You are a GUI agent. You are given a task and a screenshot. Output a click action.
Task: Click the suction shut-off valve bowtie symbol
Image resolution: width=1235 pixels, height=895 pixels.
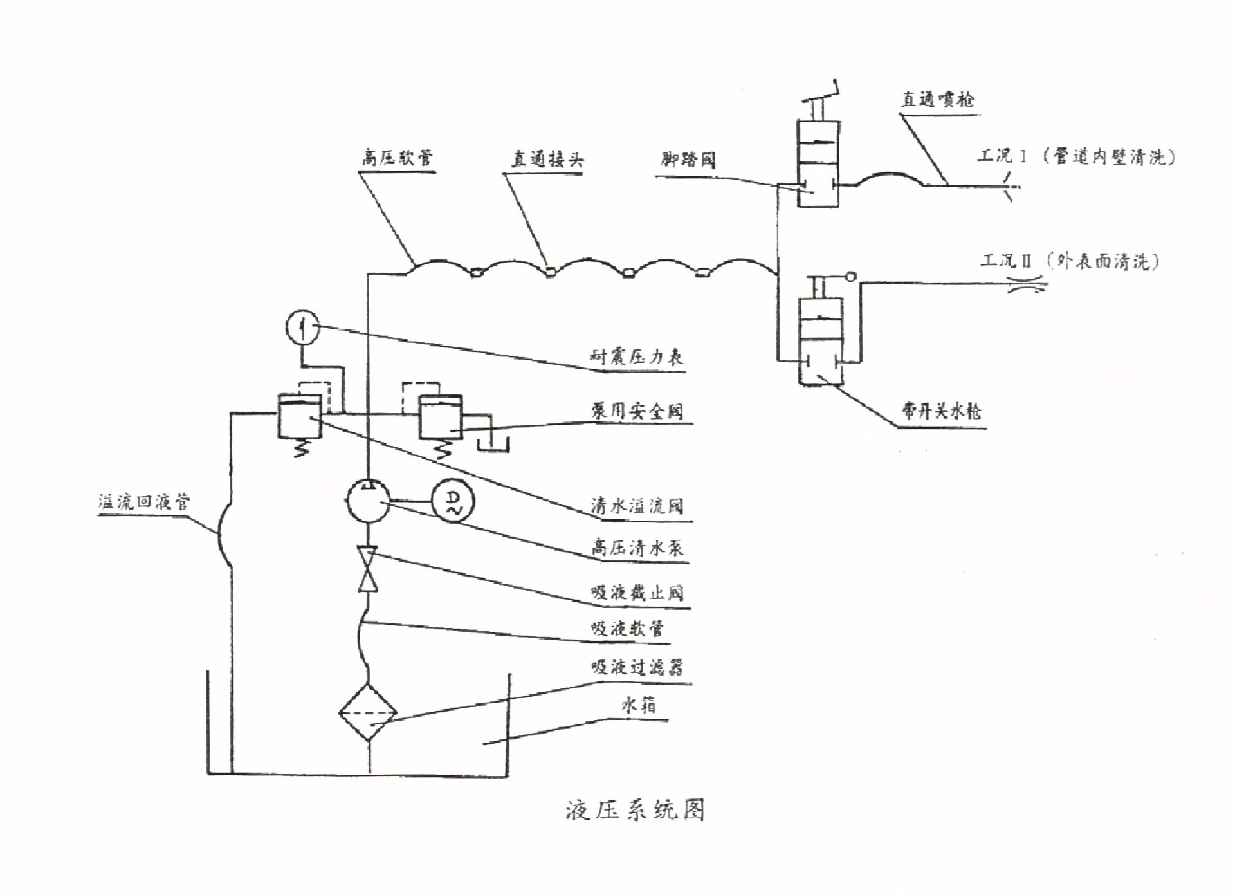tap(368, 569)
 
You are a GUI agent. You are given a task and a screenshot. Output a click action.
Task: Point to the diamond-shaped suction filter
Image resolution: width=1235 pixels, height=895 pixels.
tap(368, 713)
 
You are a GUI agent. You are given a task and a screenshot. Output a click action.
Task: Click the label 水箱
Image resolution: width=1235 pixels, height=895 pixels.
tap(639, 705)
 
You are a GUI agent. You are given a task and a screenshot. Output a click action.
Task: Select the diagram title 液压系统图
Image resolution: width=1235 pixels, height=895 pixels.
tap(635, 810)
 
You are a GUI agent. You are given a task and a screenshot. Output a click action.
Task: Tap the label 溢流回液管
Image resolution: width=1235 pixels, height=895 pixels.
tap(144, 502)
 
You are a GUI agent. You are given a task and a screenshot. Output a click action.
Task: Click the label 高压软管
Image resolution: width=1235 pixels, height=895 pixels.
tap(397, 158)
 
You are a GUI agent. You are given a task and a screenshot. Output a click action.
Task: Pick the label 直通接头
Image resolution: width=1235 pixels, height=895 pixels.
tap(547, 159)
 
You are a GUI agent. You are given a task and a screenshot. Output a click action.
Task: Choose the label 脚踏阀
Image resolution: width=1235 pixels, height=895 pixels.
tap(688, 160)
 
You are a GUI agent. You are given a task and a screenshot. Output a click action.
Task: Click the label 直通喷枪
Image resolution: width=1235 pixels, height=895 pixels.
tap(937, 99)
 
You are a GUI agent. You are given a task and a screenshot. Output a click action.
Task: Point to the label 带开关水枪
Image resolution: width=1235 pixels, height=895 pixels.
tap(941, 411)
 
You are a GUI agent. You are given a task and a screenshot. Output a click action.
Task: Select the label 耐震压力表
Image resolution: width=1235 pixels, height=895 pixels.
tap(637, 356)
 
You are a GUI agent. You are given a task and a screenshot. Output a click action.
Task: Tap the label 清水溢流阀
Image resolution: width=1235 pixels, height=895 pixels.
tap(637, 506)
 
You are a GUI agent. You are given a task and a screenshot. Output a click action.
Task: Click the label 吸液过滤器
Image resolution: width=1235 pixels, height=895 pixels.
tap(637, 667)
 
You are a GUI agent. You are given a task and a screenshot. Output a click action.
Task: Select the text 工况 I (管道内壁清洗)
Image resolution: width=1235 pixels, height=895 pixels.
tap(1076, 156)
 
